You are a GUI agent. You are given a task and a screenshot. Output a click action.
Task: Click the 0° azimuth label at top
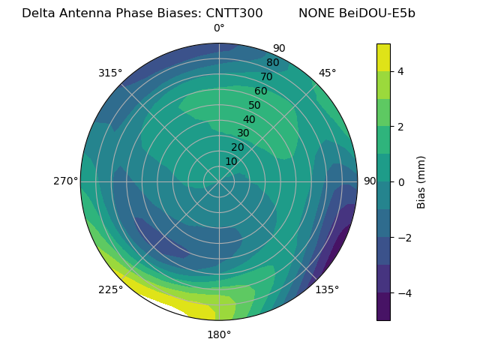[219, 28]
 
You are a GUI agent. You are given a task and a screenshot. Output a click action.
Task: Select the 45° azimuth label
[327, 73]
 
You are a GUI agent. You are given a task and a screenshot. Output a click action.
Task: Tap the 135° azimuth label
[327, 289]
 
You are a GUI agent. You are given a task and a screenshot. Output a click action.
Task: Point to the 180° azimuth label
[219, 334]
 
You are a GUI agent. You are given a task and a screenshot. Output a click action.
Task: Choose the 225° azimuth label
[110, 289]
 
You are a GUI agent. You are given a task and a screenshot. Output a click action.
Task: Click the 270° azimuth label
[65, 181]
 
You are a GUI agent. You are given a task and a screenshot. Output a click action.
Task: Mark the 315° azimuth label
[110, 73]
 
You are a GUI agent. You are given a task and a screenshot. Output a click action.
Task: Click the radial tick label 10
[231, 161]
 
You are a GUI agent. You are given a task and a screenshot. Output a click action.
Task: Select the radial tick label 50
[255, 106]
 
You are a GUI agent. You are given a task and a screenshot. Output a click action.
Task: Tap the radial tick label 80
[273, 63]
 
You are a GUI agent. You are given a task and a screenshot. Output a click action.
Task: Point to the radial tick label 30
[243, 133]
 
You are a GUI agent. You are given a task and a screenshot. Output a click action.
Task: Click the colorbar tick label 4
[401, 71]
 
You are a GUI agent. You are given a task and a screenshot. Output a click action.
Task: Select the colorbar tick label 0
[401, 181]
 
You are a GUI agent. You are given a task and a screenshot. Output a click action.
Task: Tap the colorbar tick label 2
[401, 127]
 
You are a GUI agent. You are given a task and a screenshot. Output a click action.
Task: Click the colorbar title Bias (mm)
[421, 181]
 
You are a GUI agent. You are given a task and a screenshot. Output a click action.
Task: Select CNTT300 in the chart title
[234, 13]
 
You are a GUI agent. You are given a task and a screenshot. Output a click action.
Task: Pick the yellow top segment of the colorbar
[383, 58]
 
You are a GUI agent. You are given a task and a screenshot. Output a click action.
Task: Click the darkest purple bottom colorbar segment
[383, 307]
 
